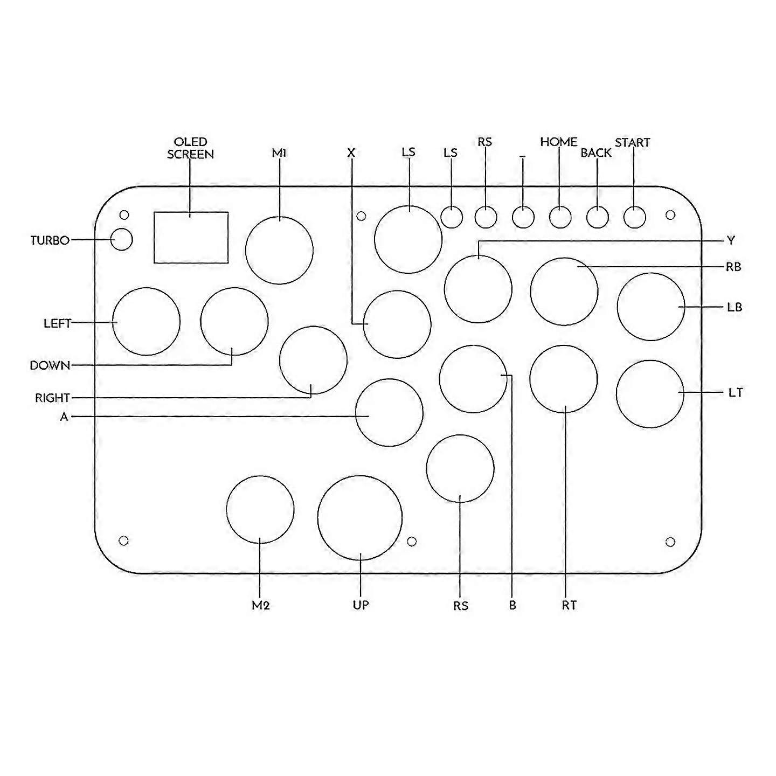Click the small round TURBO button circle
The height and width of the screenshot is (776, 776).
pos(122,239)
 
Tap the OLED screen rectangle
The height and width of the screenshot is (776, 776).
pos(191,238)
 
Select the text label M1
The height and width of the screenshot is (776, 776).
pos(279,153)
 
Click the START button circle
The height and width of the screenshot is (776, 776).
pos(634,217)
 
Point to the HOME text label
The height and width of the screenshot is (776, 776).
pos(559,142)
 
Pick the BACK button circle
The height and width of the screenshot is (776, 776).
pos(597,217)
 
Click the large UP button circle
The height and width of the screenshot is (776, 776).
pos(360,518)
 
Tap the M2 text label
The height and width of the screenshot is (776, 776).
pos(260,606)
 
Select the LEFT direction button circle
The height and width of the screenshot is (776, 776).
pos(146,322)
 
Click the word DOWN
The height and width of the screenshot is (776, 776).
pos(50,365)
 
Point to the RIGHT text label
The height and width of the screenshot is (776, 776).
pos(52,398)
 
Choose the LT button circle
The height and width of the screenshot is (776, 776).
pos(650,394)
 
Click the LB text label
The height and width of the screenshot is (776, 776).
pos(735,307)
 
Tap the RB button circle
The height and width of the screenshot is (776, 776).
pos(564,292)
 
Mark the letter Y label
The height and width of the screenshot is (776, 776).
pos(731,240)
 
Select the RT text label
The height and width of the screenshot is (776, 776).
pos(569,606)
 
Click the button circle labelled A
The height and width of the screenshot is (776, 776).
pos(389,412)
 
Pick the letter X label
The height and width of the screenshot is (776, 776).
pos(351,153)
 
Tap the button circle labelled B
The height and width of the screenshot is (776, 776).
pos(473,379)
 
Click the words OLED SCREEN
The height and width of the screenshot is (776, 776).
pos(190,148)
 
